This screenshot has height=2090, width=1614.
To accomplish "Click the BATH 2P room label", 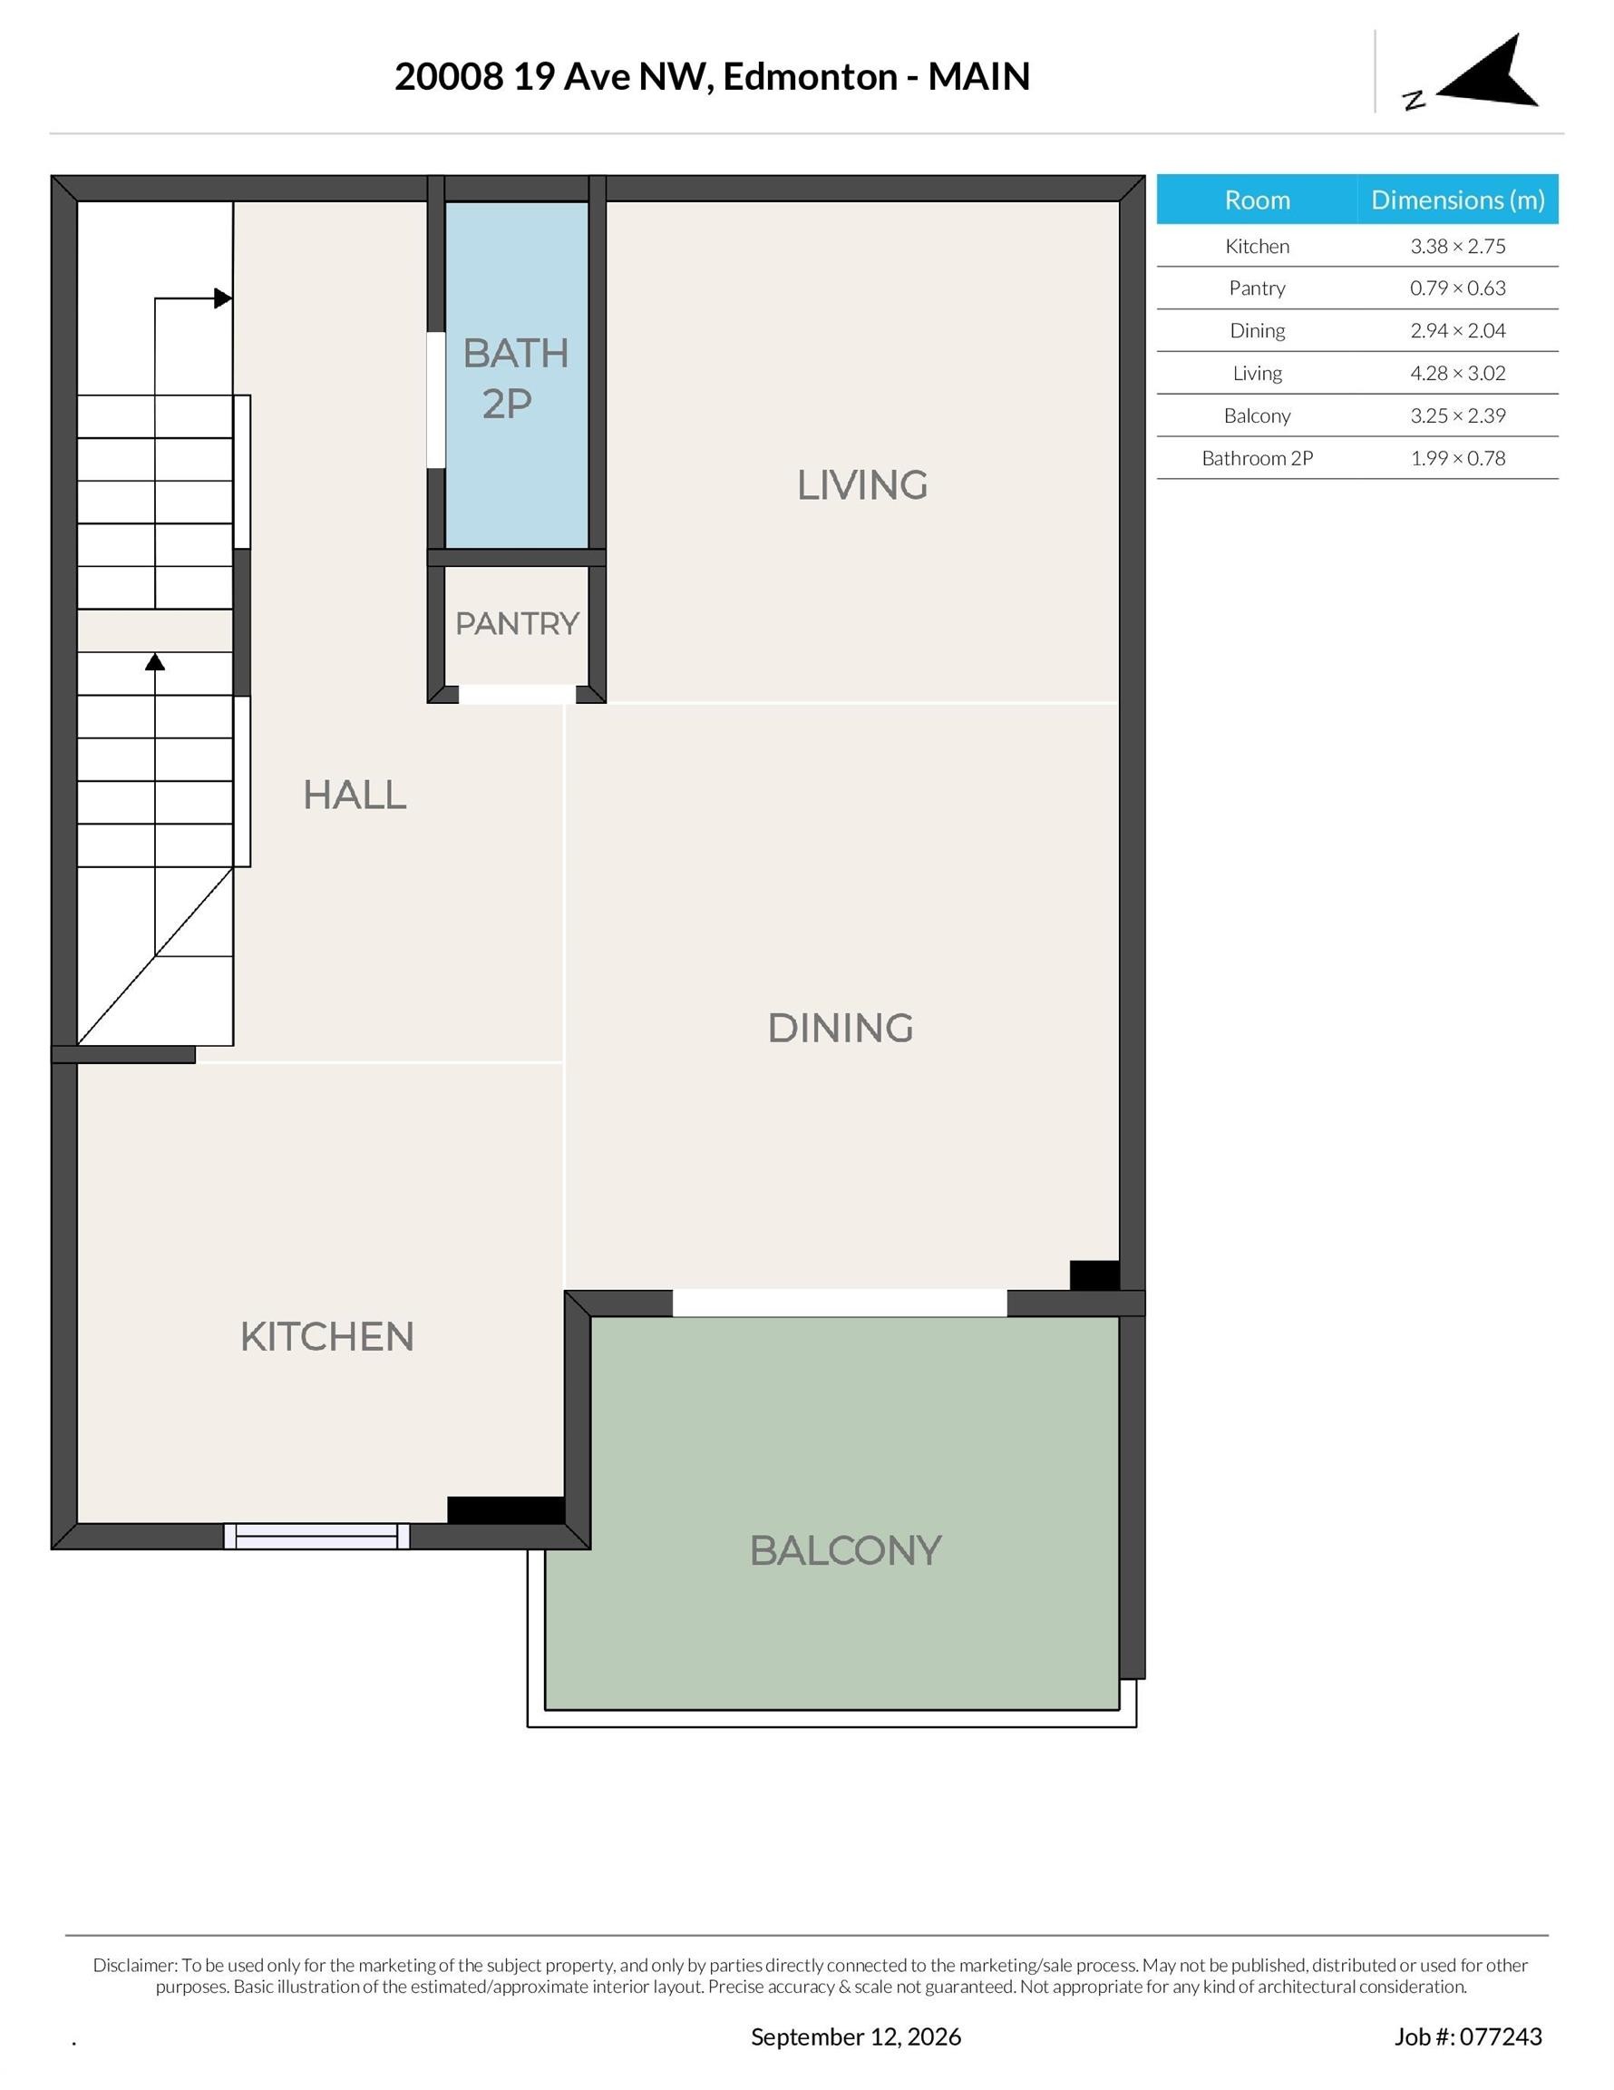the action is point(516,378).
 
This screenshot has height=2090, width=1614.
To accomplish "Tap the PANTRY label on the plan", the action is point(517,623).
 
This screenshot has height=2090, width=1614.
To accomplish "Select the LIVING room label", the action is point(862,484).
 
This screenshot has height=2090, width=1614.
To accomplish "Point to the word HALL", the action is point(355,795).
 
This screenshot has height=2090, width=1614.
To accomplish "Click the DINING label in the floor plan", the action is point(840,1028).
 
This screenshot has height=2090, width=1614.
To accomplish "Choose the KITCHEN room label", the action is point(327,1337).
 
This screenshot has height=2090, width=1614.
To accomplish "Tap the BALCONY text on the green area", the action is point(846,1551).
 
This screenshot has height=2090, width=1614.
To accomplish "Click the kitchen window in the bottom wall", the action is point(316,1536).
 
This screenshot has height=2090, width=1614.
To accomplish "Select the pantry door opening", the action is point(518,695).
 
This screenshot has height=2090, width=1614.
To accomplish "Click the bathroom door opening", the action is point(436,400).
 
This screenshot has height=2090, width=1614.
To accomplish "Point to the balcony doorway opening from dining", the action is point(839,1304).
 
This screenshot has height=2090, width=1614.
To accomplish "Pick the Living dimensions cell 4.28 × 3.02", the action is point(1457,373).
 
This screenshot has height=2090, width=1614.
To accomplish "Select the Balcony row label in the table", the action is point(1257,415).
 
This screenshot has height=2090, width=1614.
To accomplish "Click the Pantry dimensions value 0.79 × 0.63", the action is point(1457,288).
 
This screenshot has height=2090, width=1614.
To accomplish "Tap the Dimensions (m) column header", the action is point(1457,200).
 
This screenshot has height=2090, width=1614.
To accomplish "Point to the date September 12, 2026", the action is point(855,2036).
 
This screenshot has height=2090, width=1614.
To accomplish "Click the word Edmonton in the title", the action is point(810,76).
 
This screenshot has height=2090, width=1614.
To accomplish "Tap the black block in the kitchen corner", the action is point(506,1510).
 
